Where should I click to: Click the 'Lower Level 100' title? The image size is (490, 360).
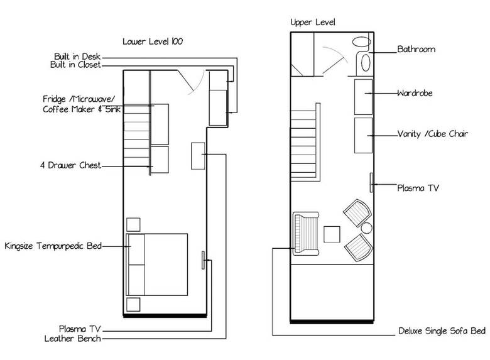coord(153,41)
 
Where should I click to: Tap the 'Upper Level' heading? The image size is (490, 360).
coord(313,22)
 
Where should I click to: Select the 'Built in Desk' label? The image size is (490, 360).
coord(77,57)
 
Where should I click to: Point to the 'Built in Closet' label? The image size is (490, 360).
coord(75,65)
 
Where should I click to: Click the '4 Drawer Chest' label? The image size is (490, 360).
coord(70,165)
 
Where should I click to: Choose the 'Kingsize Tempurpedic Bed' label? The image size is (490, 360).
coord(53,246)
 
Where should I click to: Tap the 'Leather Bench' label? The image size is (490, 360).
coord(72,339)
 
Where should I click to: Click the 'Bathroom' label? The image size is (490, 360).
coord(416,49)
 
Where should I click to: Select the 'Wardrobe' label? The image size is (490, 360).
coord(415,93)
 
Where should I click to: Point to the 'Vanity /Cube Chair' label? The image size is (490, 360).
coord(432,134)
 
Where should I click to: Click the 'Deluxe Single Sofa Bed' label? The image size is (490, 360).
coord(442,331)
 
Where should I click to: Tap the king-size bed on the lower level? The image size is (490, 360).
coord(157,265)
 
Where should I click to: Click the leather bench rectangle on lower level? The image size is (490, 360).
coord(198,156)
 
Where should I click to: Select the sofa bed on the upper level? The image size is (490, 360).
coord(306,234)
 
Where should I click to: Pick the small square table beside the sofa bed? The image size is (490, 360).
coord(332,234)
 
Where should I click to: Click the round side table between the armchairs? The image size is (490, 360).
coord(367,228)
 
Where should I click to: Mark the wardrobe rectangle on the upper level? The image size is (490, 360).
coord(364,97)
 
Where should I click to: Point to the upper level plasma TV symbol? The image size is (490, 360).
coord(371,182)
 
